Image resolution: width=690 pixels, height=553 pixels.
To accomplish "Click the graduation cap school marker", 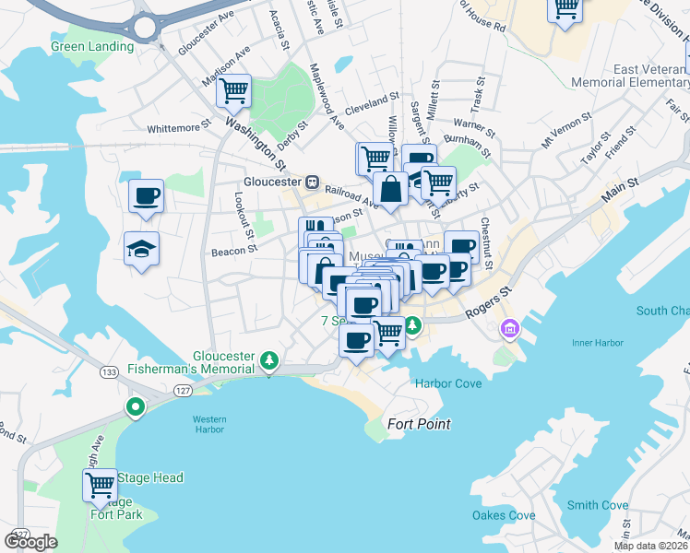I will (x=141, y=249).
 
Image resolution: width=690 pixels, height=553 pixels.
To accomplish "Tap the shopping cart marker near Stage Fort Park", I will (x=100, y=485).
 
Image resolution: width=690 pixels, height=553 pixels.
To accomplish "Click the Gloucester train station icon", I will (x=313, y=182).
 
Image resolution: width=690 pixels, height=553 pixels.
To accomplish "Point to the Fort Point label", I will (x=419, y=424).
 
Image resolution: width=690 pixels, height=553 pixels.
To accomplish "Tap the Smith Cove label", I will (x=597, y=505).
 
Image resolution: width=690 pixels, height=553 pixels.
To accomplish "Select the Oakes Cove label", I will (x=504, y=515).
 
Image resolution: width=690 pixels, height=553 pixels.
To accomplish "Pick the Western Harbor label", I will (x=209, y=425).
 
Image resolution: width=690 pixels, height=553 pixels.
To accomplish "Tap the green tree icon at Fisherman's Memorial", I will (x=268, y=359).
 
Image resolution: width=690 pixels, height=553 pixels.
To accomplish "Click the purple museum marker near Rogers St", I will (x=509, y=328).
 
